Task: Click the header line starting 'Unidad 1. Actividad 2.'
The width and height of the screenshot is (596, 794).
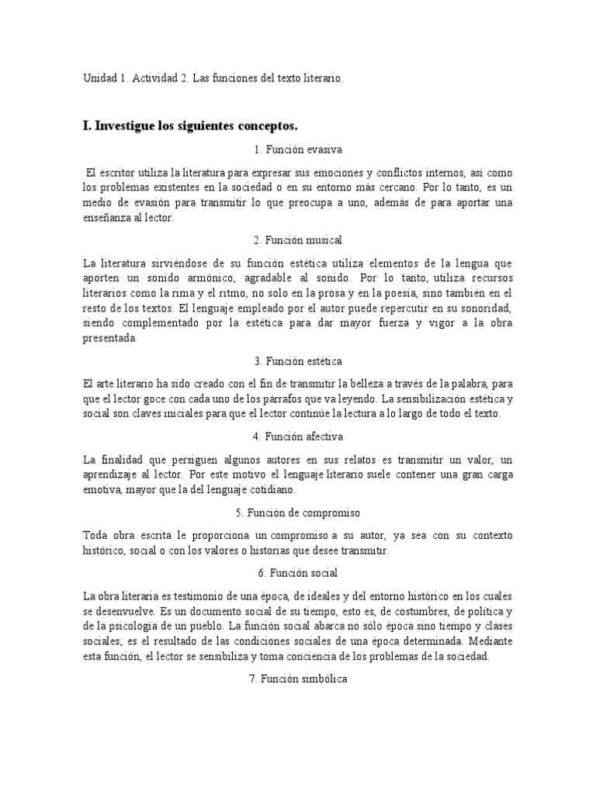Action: pos(212,79)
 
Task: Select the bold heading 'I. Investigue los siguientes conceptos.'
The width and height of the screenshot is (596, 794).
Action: pos(190,125)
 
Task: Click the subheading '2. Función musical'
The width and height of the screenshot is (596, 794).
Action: pos(297,240)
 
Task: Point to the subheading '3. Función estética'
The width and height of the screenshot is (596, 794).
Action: pos(297,361)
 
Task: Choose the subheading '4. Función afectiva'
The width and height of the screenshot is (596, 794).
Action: pos(297,437)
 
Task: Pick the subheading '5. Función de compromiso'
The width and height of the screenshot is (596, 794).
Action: pos(297,513)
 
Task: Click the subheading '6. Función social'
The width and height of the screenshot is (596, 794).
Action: pos(297,573)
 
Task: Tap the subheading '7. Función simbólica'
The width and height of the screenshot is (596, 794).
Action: pos(297,679)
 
